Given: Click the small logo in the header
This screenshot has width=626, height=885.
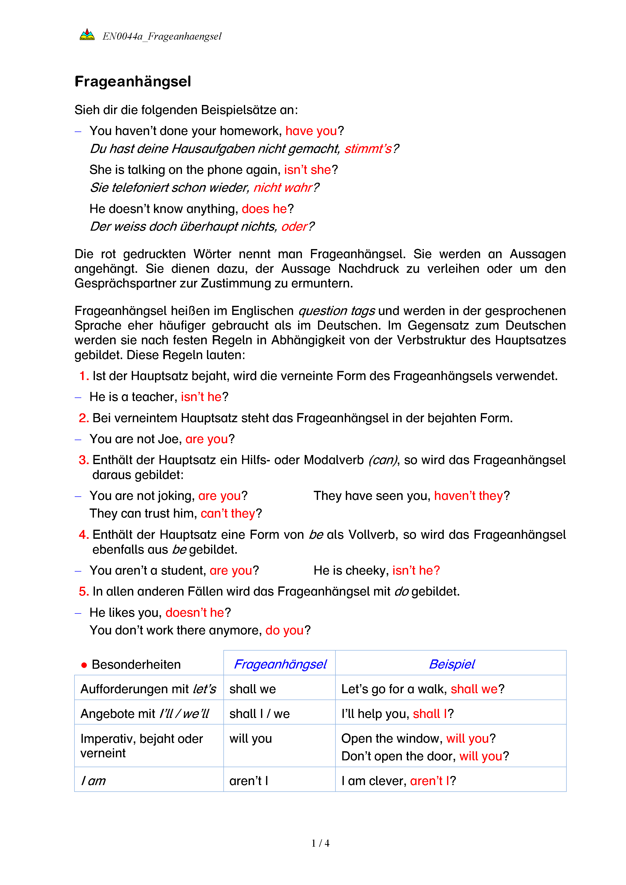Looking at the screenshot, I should point(87,35).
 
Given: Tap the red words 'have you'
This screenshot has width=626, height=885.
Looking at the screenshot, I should point(311,131).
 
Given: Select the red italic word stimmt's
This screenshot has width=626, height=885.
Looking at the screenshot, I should point(368,149).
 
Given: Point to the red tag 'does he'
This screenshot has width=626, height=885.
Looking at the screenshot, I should point(264,209).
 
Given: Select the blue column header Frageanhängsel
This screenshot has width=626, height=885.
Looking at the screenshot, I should point(280,664).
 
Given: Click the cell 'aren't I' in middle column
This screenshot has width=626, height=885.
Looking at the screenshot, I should point(249,781).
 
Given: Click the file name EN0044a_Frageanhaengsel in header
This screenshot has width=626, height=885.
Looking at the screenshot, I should point(162,36).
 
